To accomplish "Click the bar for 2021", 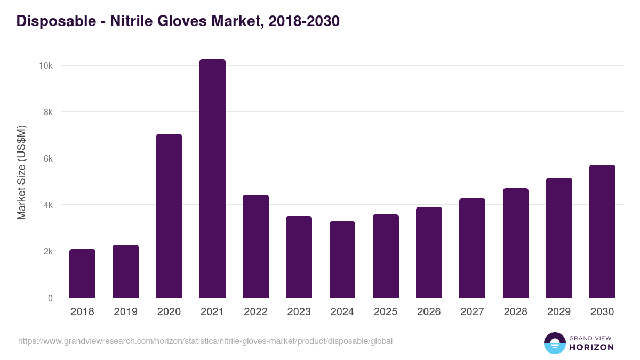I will (212, 179).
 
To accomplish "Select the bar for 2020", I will (169, 216).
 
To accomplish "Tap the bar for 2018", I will (82, 274).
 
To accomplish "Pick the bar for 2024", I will (342, 260).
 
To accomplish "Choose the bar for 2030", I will (602, 231).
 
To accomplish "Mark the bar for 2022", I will (255, 246).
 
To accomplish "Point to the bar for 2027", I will (472, 248).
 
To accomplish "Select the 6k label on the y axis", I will (47, 158).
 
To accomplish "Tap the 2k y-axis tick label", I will (47, 251).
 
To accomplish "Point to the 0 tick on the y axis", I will (50, 298).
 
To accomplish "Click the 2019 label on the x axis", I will (125, 312).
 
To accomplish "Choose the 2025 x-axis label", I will (386, 312).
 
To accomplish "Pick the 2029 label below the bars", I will (559, 312).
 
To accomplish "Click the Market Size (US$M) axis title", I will (21, 172).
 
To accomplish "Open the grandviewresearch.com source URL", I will (205, 341).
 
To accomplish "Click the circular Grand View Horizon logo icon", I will (555, 343).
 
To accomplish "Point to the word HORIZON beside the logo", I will (591, 347).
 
